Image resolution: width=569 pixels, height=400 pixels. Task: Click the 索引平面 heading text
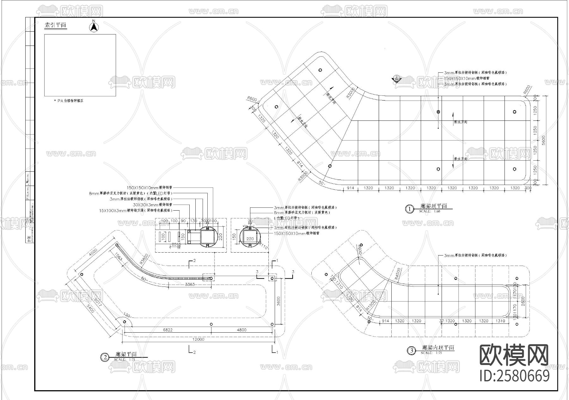click(56, 25)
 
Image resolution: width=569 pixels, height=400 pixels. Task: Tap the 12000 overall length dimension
click(198, 339)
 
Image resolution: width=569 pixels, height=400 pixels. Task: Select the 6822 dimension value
click(168, 330)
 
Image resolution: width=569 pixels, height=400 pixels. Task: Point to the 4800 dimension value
click(242, 330)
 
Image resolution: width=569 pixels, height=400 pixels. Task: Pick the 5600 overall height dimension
click(544, 140)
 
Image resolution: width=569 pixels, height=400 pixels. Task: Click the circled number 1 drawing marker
click(409, 209)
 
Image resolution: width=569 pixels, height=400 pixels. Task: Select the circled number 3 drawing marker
click(411, 351)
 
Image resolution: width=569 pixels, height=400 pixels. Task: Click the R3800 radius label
click(144, 259)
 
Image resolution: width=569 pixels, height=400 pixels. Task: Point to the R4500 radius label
click(397, 273)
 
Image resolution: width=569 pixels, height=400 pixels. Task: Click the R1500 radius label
click(370, 305)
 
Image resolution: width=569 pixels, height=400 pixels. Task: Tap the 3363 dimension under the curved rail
click(190, 284)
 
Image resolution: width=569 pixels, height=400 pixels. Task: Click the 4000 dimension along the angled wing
click(93, 253)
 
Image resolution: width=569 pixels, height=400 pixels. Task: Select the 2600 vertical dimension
click(523, 301)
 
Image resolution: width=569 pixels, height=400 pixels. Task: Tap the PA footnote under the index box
click(69, 101)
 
